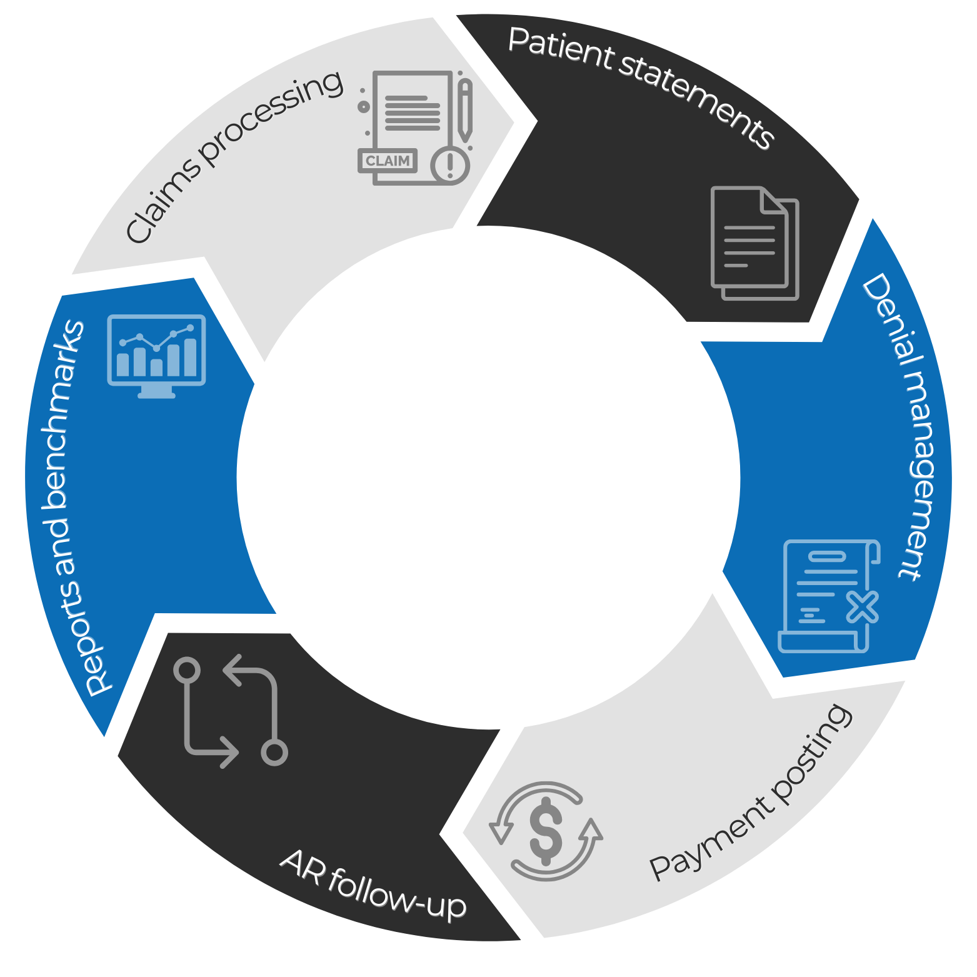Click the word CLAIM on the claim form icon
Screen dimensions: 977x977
coord(388,161)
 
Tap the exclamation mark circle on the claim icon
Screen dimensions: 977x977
coord(449,166)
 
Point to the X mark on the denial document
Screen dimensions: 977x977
coord(863,606)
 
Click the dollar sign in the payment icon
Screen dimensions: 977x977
coord(546,831)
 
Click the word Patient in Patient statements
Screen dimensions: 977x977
coord(561,48)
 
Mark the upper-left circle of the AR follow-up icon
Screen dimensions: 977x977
coord(186,670)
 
